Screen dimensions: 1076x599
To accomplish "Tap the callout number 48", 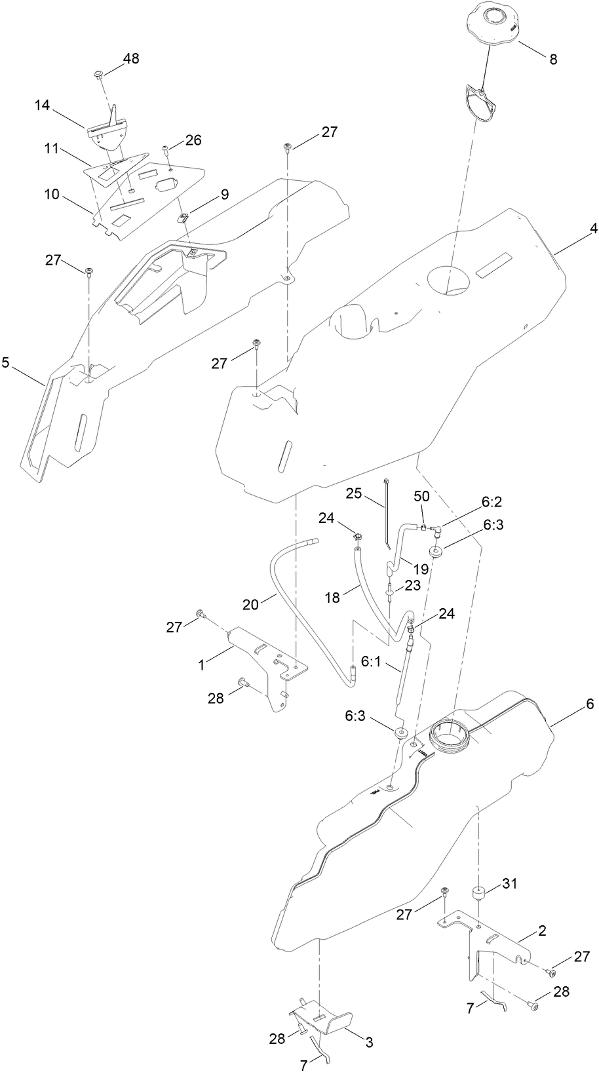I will click(x=131, y=58).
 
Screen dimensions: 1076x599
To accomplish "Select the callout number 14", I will click(x=43, y=105).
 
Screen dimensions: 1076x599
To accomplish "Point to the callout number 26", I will click(x=193, y=140).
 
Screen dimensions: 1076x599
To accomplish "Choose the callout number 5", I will click(x=6, y=362).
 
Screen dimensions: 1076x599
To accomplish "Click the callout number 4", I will click(x=593, y=229).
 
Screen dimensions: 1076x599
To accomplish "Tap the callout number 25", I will click(x=354, y=493).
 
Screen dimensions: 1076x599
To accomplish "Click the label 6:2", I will click(x=492, y=502).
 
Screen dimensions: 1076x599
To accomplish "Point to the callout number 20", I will click(x=250, y=604).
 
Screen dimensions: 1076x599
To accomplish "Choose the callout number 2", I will click(x=542, y=930).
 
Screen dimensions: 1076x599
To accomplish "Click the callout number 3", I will click(x=369, y=1041).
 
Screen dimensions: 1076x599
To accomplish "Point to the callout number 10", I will click(x=51, y=195).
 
